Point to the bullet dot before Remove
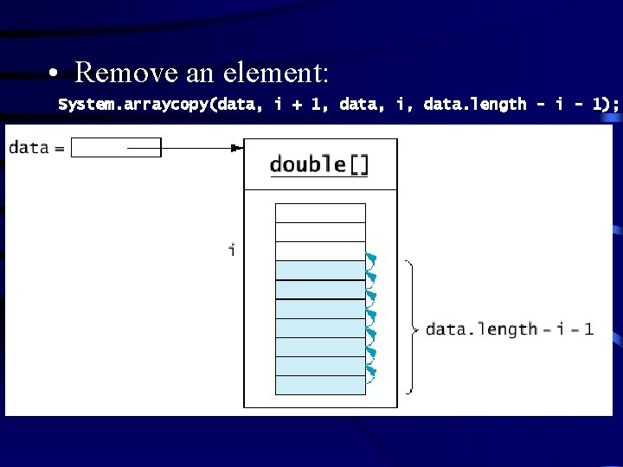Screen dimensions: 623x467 [53, 74]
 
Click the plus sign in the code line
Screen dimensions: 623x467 [296, 105]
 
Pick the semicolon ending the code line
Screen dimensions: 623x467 [615, 106]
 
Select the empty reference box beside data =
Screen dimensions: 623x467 [103, 148]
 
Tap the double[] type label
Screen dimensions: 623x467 [318, 164]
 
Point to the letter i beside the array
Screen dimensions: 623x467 [231, 251]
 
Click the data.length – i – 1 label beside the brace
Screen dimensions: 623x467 [510, 329]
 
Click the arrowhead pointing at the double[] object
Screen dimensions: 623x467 [237, 148]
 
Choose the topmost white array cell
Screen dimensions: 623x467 [320, 213]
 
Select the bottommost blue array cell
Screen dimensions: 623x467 [320, 385]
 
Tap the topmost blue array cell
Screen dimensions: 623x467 [320, 270]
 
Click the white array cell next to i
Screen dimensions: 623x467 [320, 251]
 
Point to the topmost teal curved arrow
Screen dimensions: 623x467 [372, 259]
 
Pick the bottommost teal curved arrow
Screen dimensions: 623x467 [372, 373]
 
